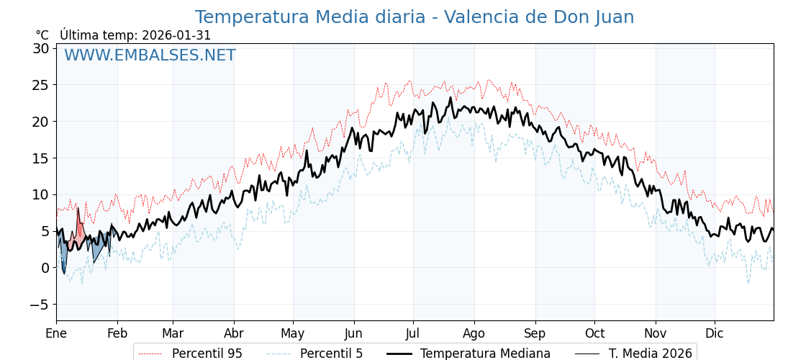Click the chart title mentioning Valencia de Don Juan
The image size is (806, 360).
(414, 17)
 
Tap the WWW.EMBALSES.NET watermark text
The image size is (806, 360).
(150, 55)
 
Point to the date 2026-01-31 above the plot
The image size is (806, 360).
(176, 35)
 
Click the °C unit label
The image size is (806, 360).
(42, 35)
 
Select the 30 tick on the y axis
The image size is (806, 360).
(40, 48)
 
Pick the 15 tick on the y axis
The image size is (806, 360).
(40, 158)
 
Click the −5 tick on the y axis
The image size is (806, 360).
(38, 304)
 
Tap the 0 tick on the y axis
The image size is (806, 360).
(45, 267)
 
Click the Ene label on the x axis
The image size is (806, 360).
(56, 333)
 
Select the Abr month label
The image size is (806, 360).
(234, 333)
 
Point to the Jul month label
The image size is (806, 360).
(413, 333)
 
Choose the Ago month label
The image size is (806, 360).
(474, 333)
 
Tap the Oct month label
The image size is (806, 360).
(594, 333)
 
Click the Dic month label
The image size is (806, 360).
(715, 333)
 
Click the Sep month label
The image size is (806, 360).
(535, 333)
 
